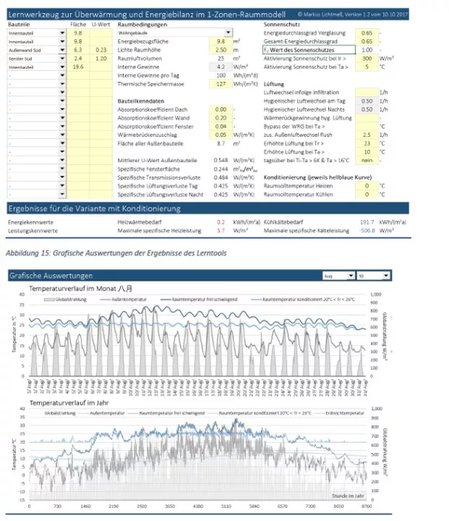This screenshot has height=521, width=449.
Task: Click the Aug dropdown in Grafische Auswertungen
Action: click(339, 276)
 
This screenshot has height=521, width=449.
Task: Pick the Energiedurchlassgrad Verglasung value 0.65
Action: click(366, 33)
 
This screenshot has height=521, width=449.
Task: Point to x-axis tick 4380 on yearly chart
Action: click(198, 507)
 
